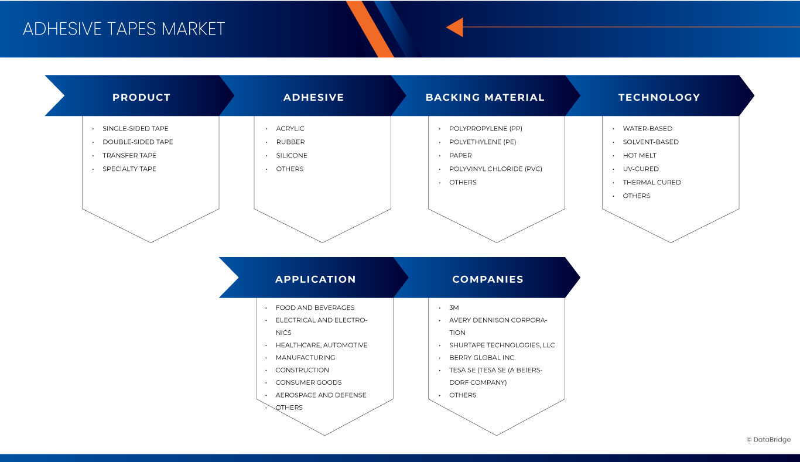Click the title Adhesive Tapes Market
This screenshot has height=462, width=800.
click(124, 29)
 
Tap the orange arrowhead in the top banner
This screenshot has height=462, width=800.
click(456, 27)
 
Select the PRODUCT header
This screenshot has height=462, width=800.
click(141, 97)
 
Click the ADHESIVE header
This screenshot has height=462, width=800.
click(313, 97)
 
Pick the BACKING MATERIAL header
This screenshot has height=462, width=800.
click(485, 97)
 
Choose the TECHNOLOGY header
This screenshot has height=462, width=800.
click(659, 97)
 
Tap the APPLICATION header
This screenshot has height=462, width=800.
click(315, 279)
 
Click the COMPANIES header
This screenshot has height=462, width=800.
click(487, 279)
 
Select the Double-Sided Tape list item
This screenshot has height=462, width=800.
click(138, 142)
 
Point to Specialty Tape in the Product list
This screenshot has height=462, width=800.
click(129, 169)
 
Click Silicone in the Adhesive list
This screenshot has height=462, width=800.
click(292, 155)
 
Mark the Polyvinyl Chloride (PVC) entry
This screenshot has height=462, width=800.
click(495, 169)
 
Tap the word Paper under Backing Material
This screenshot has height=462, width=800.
click(460, 155)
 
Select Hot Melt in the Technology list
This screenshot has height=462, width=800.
click(640, 155)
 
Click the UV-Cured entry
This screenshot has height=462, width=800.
click(641, 169)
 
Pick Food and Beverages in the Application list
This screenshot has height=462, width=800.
click(315, 307)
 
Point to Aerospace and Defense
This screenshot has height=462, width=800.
click(321, 395)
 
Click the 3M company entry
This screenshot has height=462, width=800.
click(454, 307)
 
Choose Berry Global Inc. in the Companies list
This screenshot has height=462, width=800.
click(482, 357)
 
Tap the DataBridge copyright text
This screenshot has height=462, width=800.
click(768, 440)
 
